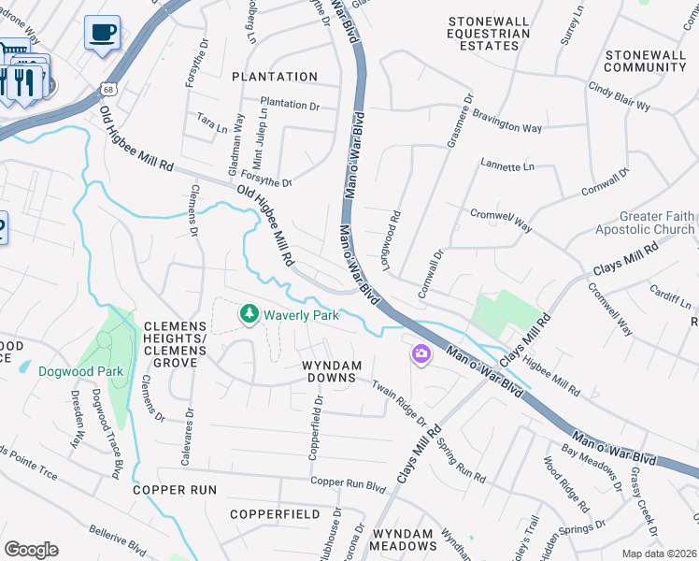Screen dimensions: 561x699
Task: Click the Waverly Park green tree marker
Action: pyautogui.click(x=249, y=314)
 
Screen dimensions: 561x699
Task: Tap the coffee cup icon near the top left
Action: pyautogui.click(x=102, y=33)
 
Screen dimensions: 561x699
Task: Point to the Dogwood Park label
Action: pyautogui.click(x=80, y=371)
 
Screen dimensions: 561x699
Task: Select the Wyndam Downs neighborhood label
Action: pyautogui.click(x=329, y=370)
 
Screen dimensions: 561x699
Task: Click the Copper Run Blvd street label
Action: pyautogui.click(x=348, y=485)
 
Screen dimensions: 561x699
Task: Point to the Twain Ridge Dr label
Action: pyautogui.click(x=399, y=404)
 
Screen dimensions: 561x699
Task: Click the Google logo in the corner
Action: pyautogui.click(x=31, y=550)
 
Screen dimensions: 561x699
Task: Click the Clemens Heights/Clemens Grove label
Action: pyautogui.click(x=174, y=333)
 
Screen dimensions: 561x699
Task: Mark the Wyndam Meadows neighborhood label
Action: pyautogui.click(x=402, y=539)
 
